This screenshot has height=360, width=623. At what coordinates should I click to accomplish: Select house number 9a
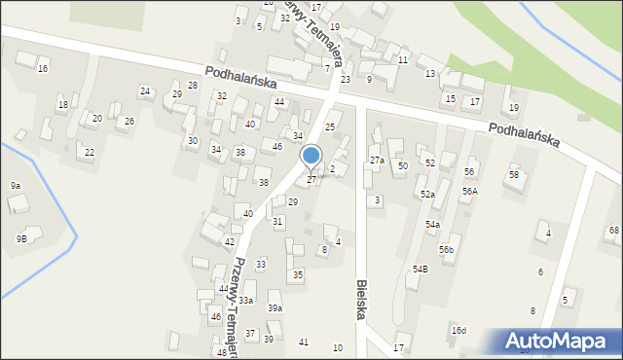tap(16, 185)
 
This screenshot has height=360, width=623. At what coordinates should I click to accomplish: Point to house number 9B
tap(21, 238)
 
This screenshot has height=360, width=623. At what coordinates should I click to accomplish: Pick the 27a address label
tap(377, 161)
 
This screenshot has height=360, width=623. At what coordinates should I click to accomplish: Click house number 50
tap(402, 166)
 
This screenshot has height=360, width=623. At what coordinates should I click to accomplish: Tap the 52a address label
tap(427, 195)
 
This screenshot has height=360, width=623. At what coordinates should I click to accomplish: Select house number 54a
tap(432, 225)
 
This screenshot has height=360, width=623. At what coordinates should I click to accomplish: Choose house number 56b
tap(446, 250)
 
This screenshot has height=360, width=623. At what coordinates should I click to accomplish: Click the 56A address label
tap(470, 192)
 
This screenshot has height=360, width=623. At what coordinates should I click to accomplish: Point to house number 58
tap(513, 175)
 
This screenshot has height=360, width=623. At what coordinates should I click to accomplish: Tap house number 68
tap(613, 231)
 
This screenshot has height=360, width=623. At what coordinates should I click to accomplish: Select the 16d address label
tap(458, 331)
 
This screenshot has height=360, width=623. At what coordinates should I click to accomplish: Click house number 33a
tap(246, 301)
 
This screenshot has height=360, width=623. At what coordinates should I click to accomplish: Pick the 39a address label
tap(275, 308)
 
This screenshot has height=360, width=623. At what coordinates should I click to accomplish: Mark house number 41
tap(304, 342)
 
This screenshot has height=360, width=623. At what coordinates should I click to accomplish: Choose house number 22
tap(90, 153)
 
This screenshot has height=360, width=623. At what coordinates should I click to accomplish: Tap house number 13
tap(429, 74)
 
